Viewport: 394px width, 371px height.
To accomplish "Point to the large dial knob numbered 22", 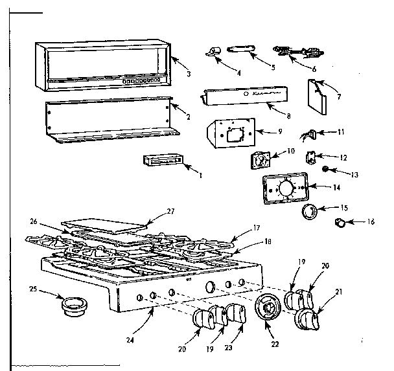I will click(266, 308).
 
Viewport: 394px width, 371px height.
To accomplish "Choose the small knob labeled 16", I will click(339, 223).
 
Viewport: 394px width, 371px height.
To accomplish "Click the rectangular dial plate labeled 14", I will click(284, 192).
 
